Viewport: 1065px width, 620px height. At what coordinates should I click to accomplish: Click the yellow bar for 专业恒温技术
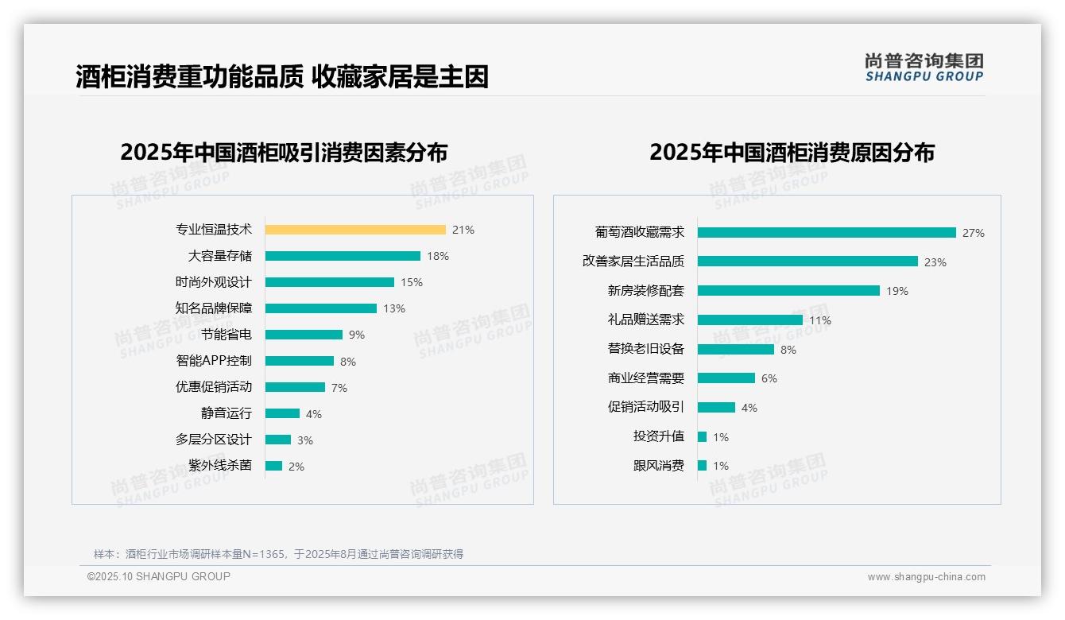[355, 230]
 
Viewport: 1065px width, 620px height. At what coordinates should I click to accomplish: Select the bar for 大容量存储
[343, 256]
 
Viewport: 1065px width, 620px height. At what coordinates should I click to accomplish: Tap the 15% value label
[412, 282]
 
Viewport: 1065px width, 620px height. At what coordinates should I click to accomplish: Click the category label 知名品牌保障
[213, 308]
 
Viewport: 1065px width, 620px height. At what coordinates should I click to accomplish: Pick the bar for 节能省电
[304, 335]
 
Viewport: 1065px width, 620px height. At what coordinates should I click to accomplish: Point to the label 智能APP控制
[213, 361]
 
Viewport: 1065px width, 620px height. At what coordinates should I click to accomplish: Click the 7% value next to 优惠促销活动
[339, 388]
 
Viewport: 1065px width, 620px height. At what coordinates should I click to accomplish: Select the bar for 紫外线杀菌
[273, 466]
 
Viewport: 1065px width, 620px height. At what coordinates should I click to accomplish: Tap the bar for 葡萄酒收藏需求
[827, 233]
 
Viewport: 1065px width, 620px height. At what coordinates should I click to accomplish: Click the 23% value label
[935, 262]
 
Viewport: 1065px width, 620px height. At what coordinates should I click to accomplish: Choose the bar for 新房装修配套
[788, 291]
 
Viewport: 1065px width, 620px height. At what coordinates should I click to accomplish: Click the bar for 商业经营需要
[726, 378]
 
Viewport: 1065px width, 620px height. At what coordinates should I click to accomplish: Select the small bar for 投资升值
[702, 436]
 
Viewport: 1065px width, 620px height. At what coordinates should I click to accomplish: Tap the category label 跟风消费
[658, 466]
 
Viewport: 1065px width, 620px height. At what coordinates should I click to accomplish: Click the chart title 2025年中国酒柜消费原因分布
[792, 153]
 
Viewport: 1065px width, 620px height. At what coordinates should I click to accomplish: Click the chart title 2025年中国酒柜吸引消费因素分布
[284, 153]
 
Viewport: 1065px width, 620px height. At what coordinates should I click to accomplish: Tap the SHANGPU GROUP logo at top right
[924, 68]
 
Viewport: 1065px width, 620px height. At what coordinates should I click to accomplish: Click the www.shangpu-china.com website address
[926, 577]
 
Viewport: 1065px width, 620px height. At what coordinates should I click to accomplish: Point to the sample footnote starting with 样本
[278, 554]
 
